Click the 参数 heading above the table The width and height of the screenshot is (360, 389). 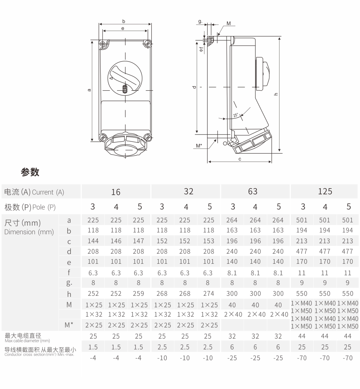30,172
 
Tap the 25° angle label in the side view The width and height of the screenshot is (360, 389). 236,115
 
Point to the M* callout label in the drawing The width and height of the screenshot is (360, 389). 199,146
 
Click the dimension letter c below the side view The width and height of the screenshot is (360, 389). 240,159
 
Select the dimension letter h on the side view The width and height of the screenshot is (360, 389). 276,94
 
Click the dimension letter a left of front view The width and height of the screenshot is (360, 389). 89,90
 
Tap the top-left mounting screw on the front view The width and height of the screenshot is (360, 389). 103,44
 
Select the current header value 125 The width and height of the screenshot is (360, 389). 325,191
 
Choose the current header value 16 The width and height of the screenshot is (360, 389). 115,192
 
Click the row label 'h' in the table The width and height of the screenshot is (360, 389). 69,294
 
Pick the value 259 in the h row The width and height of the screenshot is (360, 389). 138,294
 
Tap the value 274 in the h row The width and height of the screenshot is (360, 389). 208,294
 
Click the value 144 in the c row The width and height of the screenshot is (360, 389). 93,241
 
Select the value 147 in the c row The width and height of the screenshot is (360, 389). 138,241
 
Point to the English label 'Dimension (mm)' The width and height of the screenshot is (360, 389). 29,232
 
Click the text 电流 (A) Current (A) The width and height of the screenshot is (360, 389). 34,192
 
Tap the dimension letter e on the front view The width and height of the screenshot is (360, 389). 123,28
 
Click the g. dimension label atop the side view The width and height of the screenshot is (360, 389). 200,22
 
